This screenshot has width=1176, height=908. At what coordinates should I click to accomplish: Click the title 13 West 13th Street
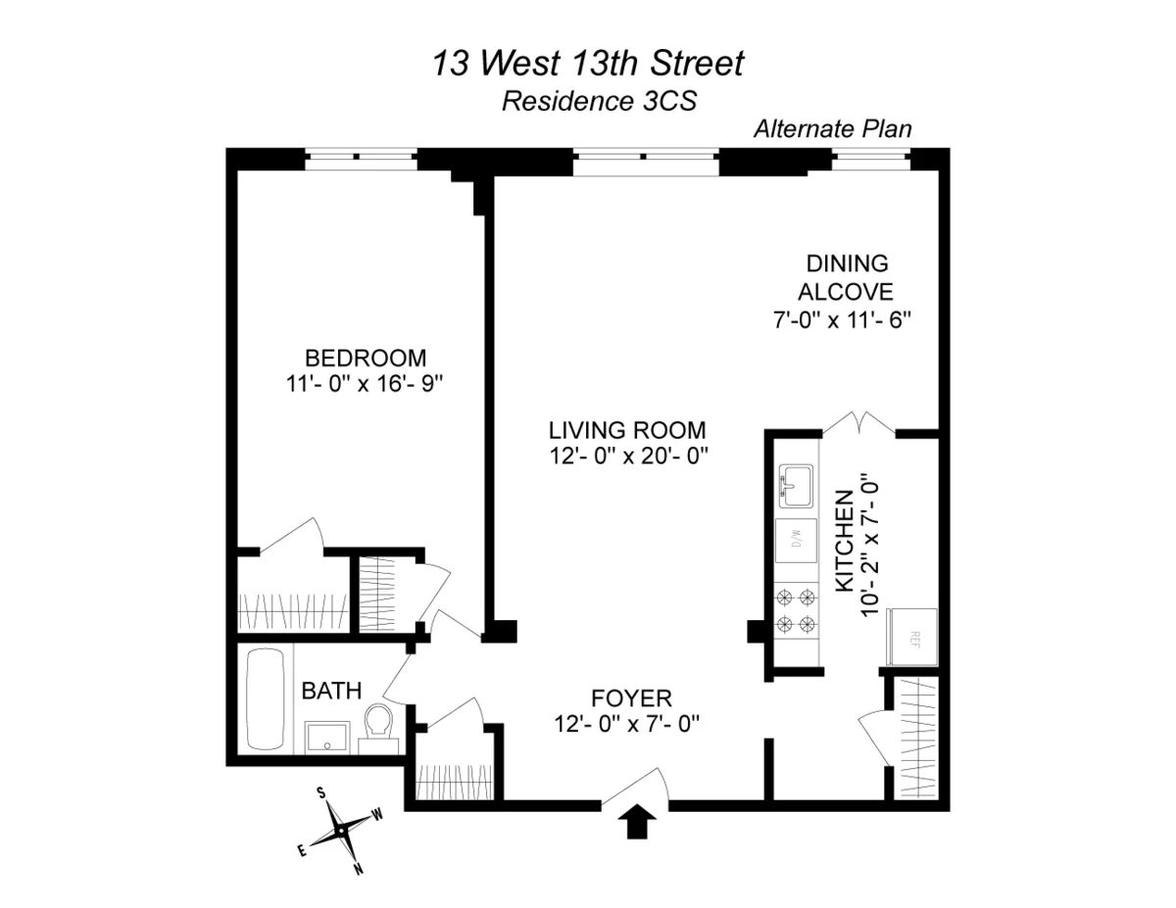coord(588,65)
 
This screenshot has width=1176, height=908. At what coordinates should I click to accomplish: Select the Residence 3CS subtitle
coord(599,101)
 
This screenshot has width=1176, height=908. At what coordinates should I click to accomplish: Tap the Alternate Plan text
coord(832,129)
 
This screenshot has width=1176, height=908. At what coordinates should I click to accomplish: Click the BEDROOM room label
coord(366,357)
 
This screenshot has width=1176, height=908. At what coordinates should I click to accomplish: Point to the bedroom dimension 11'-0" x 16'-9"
coord(366,384)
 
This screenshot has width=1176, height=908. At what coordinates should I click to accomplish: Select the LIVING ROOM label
coord(627,429)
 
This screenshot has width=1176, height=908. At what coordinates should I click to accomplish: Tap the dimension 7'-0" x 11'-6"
coord(845,319)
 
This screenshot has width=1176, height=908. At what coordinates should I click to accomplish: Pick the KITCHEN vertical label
coord(842,545)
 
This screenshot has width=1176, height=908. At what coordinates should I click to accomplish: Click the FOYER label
coord(631,698)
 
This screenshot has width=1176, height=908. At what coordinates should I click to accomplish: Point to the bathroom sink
coord(324,737)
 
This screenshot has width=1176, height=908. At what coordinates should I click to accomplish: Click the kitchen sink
coord(795,485)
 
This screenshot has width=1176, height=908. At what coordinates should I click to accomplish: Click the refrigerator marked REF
coord(911,636)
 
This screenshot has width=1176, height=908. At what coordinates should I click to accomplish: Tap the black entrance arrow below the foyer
coord(637,822)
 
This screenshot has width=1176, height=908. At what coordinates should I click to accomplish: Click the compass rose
coord(340,829)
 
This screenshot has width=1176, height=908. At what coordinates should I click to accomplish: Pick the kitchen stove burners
coord(795,610)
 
